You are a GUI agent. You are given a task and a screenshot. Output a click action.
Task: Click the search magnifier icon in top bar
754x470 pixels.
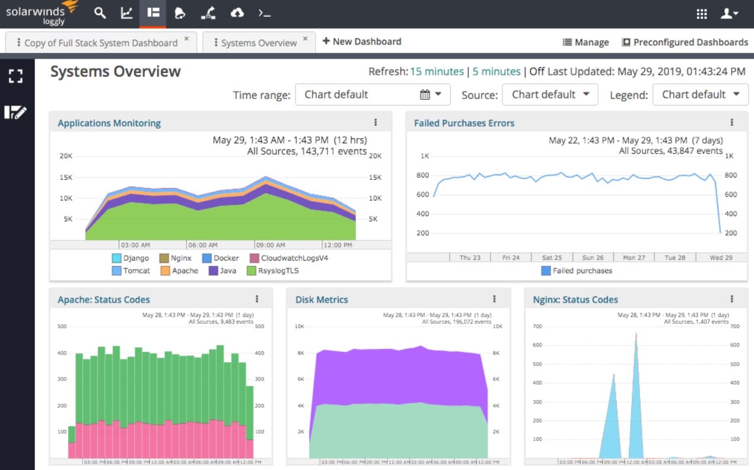(100, 13)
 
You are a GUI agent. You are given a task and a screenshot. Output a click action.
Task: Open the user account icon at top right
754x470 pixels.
(729, 14)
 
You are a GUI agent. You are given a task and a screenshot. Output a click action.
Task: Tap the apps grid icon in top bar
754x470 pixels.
(702, 14)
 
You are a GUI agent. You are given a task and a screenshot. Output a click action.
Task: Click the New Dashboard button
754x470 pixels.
(361, 42)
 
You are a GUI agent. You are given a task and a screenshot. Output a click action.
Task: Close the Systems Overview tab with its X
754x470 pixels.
(306, 39)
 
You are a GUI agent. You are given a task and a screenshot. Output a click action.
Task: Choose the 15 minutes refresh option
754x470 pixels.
(437, 71)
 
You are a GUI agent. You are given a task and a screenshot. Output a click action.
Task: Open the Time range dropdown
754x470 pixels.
(373, 94)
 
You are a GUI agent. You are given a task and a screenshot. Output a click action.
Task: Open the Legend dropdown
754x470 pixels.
(700, 94)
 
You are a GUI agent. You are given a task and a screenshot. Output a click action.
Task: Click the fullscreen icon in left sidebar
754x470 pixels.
(15, 76)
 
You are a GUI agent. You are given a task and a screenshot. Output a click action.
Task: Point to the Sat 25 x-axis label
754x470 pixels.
(552, 258)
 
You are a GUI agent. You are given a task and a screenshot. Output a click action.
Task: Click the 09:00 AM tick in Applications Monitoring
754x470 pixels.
(270, 244)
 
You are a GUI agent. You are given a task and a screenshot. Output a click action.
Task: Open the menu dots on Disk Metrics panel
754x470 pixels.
(494, 299)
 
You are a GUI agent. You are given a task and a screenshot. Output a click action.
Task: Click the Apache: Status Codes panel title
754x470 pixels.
(104, 300)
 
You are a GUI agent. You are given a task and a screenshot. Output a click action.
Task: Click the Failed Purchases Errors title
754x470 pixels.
(464, 123)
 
